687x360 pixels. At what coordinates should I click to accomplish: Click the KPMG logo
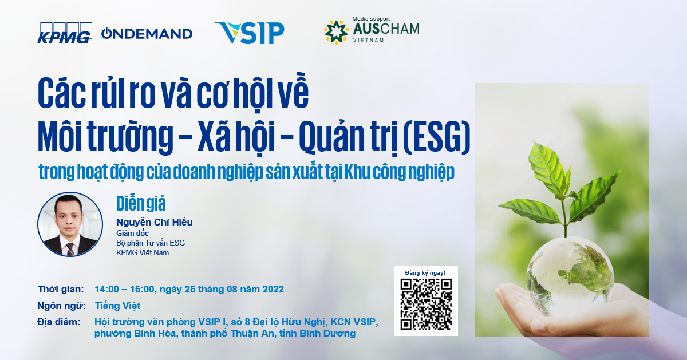(x=65, y=33)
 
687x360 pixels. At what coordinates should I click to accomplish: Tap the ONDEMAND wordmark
(x=147, y=33)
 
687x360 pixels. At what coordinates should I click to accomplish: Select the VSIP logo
(x=250, y=33)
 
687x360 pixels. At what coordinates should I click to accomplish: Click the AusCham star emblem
(x=336, y=32)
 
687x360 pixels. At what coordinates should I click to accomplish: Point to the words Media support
(x=371, y=19)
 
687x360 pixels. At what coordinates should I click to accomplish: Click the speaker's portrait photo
(x=70, y=224)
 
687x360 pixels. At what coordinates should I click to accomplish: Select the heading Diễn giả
(x=141, y=203)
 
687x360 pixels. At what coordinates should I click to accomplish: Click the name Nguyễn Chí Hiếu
(x=154, y=222)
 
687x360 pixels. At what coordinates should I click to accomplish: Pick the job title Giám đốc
(x=132, y=233)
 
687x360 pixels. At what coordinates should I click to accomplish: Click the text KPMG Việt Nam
(x=143, y=252)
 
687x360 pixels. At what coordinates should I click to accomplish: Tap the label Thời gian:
(x=61, y=289)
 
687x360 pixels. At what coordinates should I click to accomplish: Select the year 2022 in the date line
(x=273, y=289)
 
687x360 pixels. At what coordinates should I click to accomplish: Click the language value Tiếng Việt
(x=117, y=306)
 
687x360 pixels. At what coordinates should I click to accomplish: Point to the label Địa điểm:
(x=58, y=322)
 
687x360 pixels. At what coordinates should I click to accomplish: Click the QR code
(x=426, y=304)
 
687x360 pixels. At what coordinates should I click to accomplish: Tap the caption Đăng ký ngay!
(x=425, y=272)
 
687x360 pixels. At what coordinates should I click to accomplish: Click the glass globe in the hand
(x=570, y=275)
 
